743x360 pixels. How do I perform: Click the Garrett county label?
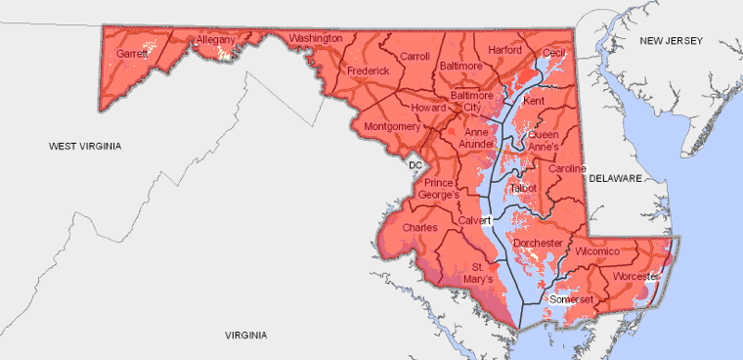click(x=131, y=55)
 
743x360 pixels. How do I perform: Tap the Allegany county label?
click(x=216, y=40)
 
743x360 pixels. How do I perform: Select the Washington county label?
click(x=316, y=38)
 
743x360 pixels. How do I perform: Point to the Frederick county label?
click(x=368, y=71)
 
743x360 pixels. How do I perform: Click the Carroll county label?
click(x=415, y=57)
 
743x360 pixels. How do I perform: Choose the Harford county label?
click(x=504, y=49)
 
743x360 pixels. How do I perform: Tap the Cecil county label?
click(x=554, y=52)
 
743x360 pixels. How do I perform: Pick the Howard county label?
click(x=428, y=108)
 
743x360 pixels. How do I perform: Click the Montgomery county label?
click(x=391, y=127)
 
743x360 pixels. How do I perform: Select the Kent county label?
click(x=534, y=101)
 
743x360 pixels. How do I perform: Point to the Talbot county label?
click(x=524, y=187)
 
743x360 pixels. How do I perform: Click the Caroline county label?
click(x=567, y=169)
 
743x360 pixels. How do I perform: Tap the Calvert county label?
click(x=471, y=220)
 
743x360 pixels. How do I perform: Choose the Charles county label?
click(x=419, y=228)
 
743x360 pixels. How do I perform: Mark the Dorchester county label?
click(x=539, y=243)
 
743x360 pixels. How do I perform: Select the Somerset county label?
click(x=571, y=298)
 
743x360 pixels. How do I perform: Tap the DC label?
click(x=415, y=165)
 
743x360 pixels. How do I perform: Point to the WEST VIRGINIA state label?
click(x=86, y=146)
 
